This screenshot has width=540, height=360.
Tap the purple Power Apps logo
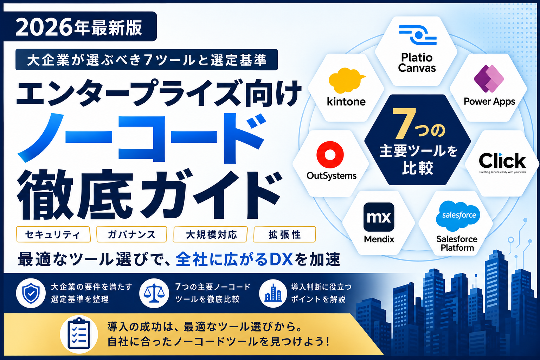(x=489, y=79)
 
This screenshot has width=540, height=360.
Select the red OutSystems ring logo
(x=330, y=154)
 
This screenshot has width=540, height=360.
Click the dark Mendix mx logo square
(x=379, y=217)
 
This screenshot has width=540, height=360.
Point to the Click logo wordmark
(x=502, y=161)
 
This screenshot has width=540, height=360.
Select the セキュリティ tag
(x=53, y=234)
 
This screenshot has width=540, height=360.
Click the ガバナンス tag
(x=131, y=234)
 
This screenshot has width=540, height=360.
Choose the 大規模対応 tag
(x=210, y=234)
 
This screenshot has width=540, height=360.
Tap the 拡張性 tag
(x=284, y=234)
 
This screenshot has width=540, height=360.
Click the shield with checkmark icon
(x=31, y=293)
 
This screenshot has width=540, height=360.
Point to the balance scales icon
(x=154, y=293)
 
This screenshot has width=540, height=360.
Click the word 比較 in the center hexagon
(x=418, y=168)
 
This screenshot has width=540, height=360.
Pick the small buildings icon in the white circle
(x=273, y=293)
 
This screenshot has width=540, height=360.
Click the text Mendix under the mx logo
(x=379, y=239)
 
